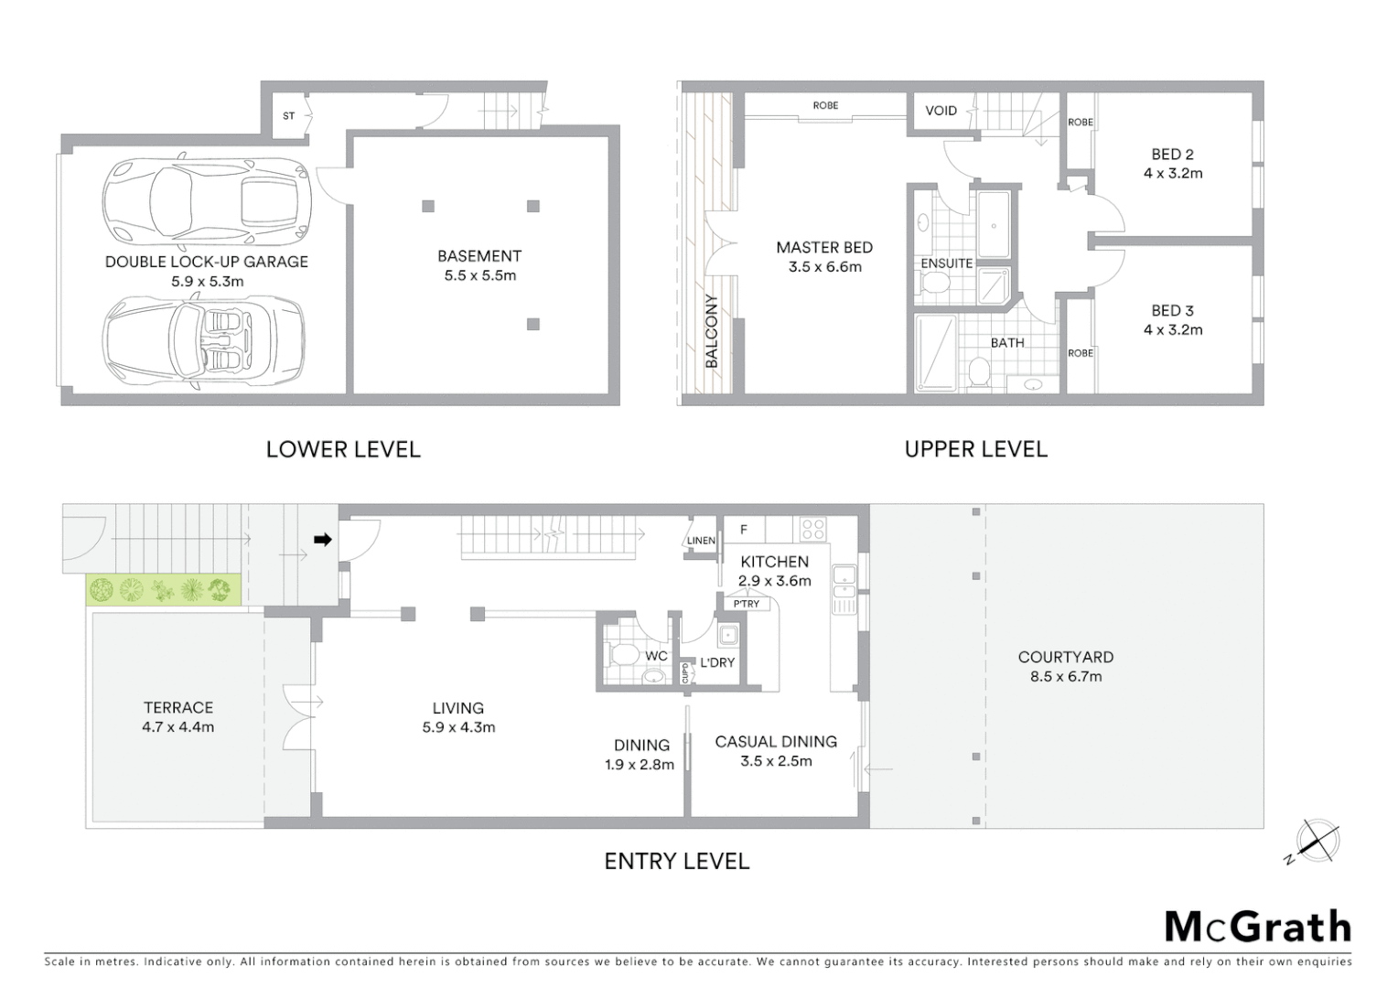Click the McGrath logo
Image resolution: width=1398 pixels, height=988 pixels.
tap(1257, 927)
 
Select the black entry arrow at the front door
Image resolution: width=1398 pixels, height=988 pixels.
tap(322, 540)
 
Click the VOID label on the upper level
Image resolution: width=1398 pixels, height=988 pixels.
tap(941, 111)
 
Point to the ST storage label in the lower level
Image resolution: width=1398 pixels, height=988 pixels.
tap(289, 116)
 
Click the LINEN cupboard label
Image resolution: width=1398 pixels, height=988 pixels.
tap(701, 541)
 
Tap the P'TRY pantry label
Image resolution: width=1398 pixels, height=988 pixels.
tap(746, 604)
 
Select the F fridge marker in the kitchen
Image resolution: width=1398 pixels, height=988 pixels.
tap(744, 529)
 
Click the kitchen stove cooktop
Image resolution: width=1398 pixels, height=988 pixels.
tap(812, 529)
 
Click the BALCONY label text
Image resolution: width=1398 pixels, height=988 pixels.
tap(712, 331)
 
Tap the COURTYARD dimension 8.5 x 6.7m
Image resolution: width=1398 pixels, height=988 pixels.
tap(1067, 677)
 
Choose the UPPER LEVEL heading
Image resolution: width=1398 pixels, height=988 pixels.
tap(975, 449)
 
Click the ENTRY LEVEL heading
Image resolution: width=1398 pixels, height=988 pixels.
tap(676, 861)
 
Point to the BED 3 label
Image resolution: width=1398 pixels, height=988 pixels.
tap(1172, 311)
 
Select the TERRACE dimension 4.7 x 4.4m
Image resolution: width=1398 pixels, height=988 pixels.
tap(178, 727)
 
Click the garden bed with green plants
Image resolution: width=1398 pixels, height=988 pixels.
tap(164, 590)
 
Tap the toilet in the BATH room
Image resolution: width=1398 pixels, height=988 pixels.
tap(978, 373)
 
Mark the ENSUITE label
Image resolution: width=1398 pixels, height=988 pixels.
tap(946, 263)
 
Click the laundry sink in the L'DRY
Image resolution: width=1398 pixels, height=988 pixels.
tap(728, 636)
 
